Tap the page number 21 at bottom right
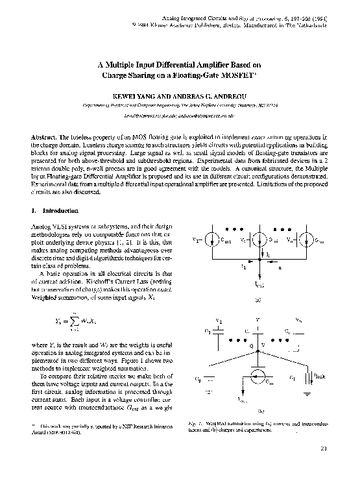(x=323, y=466)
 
